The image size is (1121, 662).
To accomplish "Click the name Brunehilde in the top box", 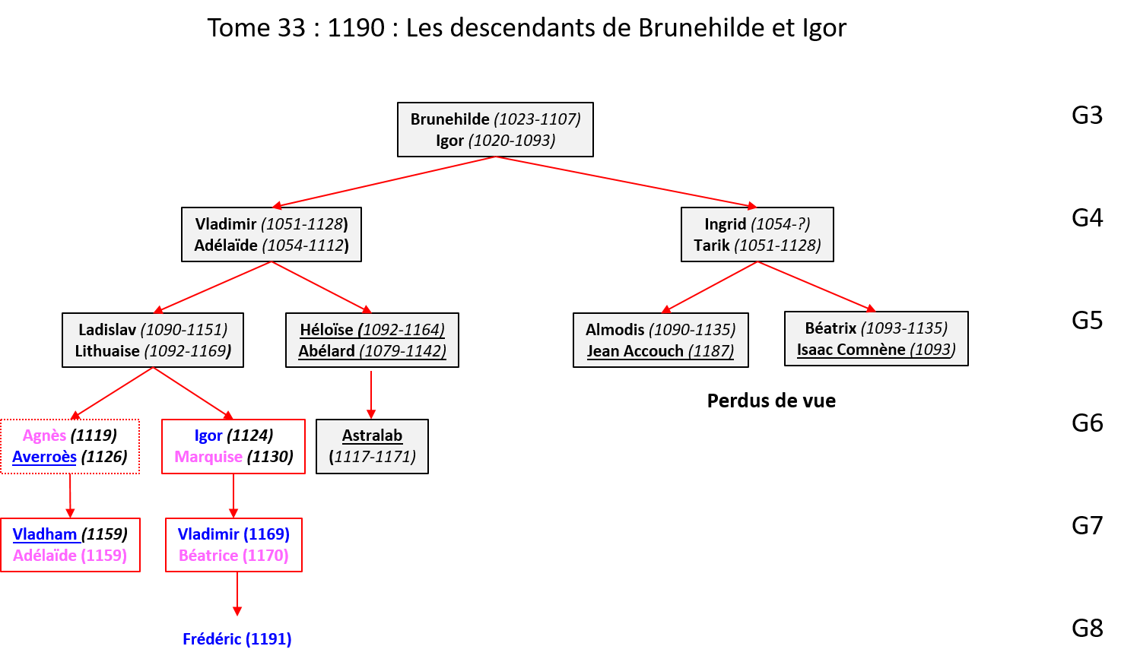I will click(449, 119).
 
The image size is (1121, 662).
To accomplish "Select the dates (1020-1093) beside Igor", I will click(512, 141).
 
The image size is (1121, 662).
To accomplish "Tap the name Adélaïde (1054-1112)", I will click(226, 245).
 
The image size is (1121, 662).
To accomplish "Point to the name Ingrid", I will click(725, 224).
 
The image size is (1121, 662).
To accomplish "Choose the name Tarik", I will click(711, 245).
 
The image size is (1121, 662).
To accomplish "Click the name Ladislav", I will click(107, 330).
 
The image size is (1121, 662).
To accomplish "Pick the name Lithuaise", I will click(107, 351).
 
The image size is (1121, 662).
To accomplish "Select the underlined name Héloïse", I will click(326, 330).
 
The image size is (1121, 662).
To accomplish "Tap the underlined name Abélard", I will click(326, 351).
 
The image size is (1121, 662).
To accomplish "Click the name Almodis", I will click(614, 330).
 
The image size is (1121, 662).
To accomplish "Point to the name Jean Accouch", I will click(635, 351).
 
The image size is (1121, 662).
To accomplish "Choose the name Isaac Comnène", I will click(851, 350).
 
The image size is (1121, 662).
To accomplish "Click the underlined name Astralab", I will click(372, 436).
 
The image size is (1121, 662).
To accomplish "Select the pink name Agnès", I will click(44, 436).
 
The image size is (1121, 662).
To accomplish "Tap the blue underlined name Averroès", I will click(44, 457).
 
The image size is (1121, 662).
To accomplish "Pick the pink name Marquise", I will click(208, 457).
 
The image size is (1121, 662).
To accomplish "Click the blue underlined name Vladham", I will click(45, 534).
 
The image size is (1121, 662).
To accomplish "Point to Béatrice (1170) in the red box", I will click(233, 556).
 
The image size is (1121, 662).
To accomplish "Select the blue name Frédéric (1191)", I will click(237, 639).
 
